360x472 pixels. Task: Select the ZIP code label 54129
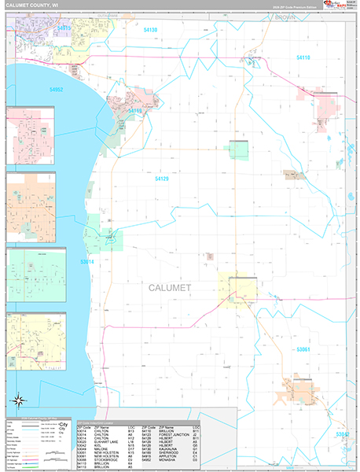coord(161,179)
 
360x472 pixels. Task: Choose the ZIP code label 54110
coord(303,58)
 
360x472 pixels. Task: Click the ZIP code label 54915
coord(64,28)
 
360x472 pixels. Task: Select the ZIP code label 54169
coord(134,111)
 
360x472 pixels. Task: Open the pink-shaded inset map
coord(30,136)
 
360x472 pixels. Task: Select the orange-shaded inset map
coord(30,207)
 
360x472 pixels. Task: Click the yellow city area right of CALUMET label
coord(238,289)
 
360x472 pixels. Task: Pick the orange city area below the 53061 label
coord(300,391)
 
